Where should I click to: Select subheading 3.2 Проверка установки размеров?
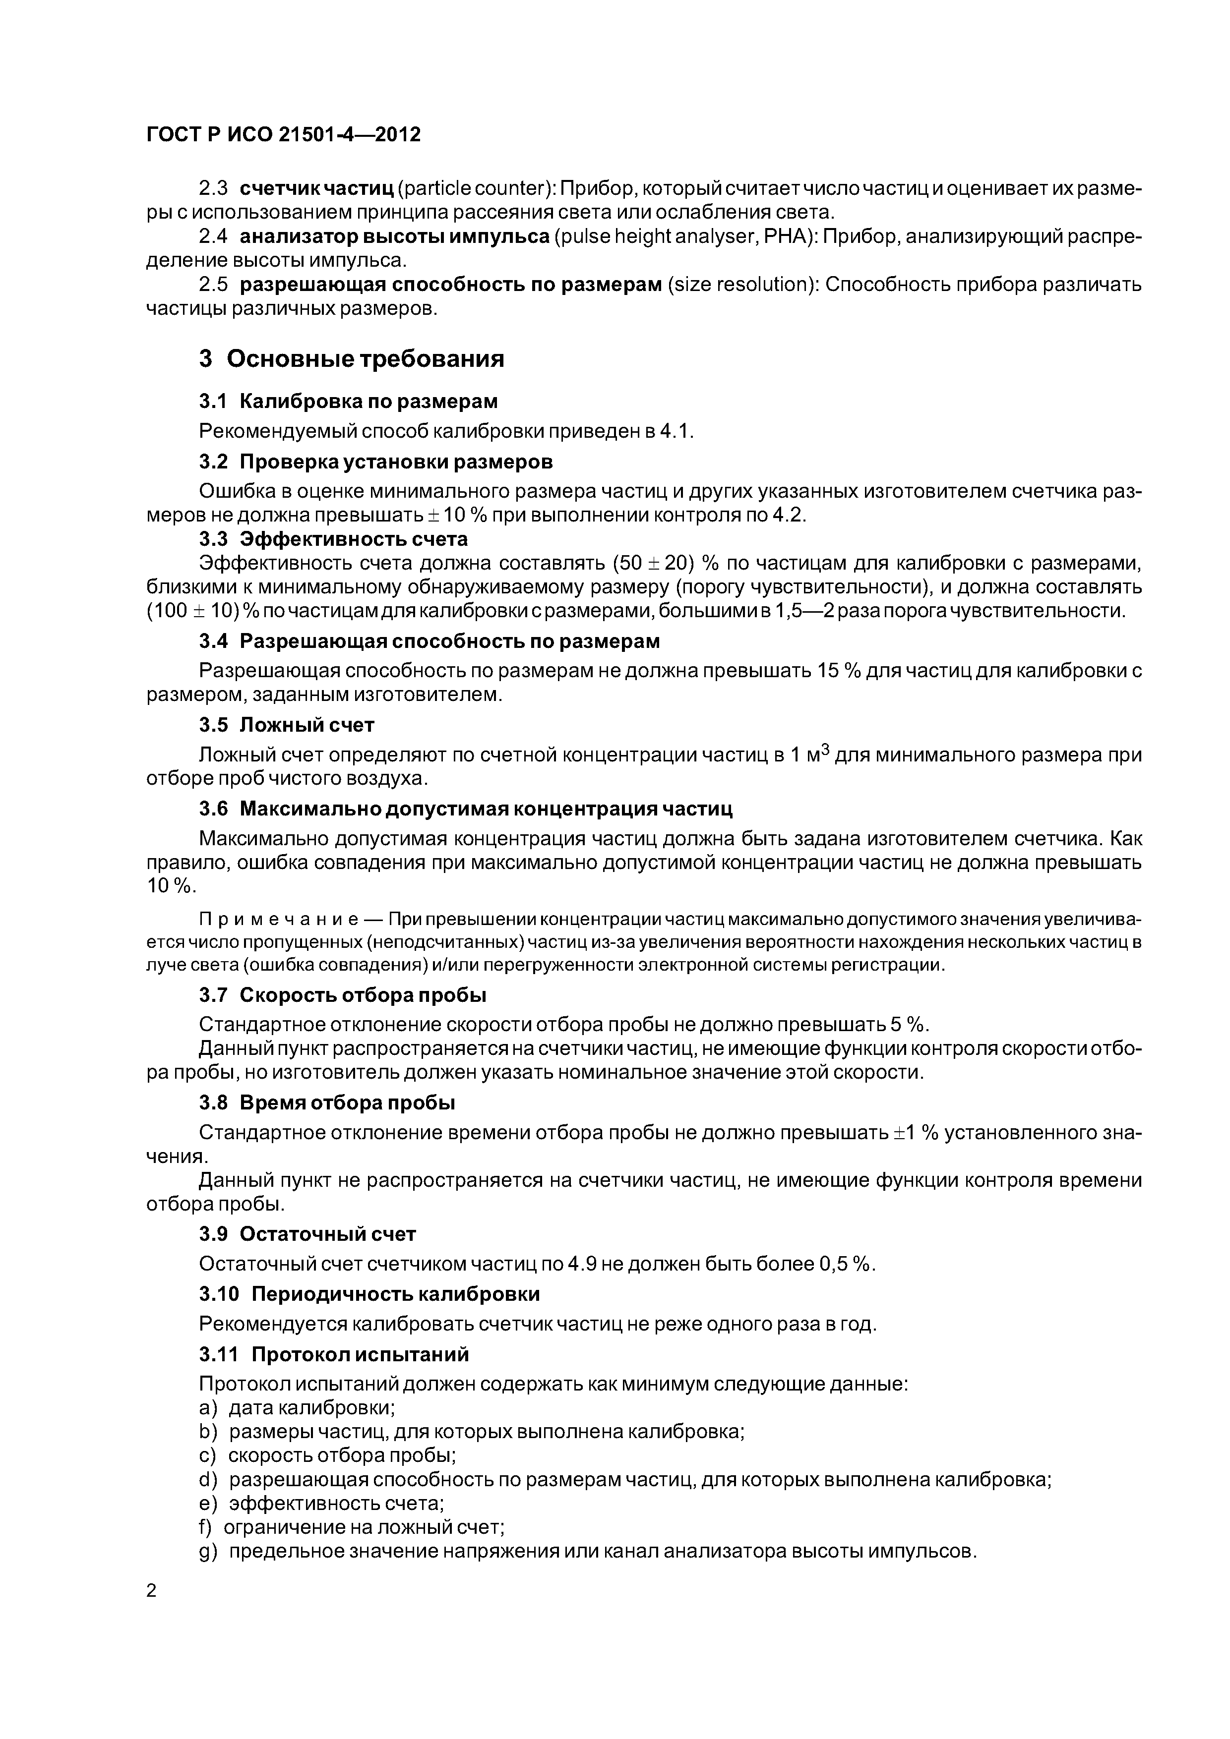pyautogui.click(x=376, y=461)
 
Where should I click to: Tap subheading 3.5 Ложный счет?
pyautogui.click(x=287, y=725)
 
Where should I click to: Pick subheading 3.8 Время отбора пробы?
pyautogui.click(x=327, y=1103)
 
